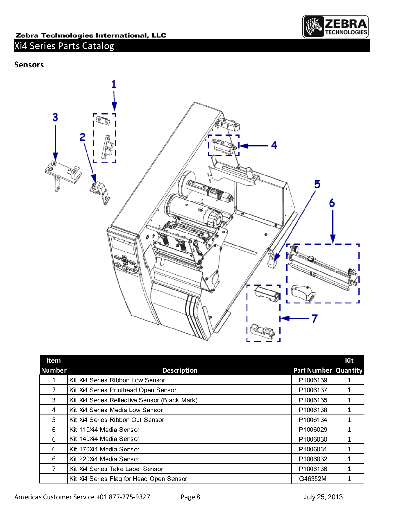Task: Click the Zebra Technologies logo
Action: click(335, 27)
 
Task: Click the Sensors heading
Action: click(29, 65)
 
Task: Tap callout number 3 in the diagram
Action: click(55, 117)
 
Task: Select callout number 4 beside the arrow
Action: click(274, 145)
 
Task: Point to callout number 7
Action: click(314, 318)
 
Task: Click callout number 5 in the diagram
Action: click(317, 184)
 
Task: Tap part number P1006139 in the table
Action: click(313, 380)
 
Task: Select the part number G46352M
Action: click(313, 479)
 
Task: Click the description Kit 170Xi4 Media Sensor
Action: click(104, 449)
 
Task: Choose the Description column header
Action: click(180, 370)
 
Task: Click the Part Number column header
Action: click(312, 370)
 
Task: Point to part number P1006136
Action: click(313, 469)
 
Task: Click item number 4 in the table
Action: click(54, 410)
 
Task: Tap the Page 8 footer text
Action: click(190, 497)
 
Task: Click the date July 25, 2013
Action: click(323, 497)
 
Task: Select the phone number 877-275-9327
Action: click(129, 497)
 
